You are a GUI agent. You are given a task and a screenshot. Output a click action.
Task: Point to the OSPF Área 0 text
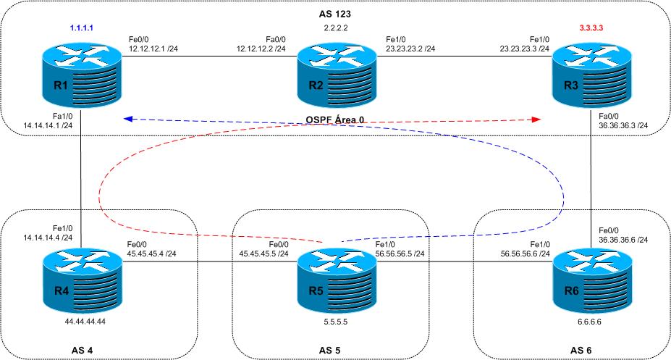tap(334, 120)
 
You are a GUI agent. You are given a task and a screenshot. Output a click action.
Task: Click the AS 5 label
tap(334, 351)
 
